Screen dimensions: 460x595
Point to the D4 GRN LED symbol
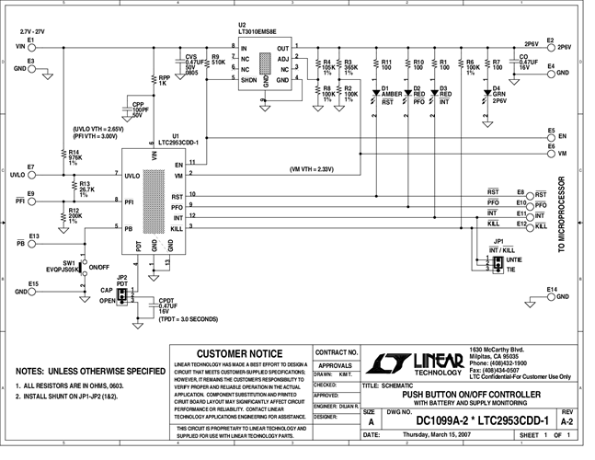(498, 93)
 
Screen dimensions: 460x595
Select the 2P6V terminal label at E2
(531, 43)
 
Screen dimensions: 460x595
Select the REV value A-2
(566, 421)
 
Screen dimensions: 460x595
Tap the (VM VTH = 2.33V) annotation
(314, 168)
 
